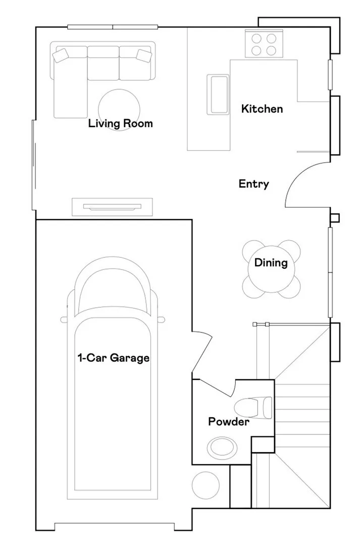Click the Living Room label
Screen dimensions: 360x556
[121, 124]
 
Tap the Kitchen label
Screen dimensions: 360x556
[262, 108]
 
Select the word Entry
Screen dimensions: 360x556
[253, 184]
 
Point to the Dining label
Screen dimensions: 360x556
[271, 263]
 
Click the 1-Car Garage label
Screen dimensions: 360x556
[114, 358]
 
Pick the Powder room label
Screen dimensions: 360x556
[229, 422]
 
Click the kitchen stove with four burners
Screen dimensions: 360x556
[264, 43]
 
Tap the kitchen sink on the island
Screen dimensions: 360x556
[218, 94]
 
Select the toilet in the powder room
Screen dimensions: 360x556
[253, 408]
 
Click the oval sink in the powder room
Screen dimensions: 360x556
[222, 448]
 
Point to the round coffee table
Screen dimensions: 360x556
[119, 110]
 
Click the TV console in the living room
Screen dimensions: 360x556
[113, 207]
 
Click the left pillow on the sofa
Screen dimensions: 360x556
[60, 55]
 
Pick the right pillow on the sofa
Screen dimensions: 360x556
[144, 55]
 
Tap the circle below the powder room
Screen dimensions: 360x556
[205, 485]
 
